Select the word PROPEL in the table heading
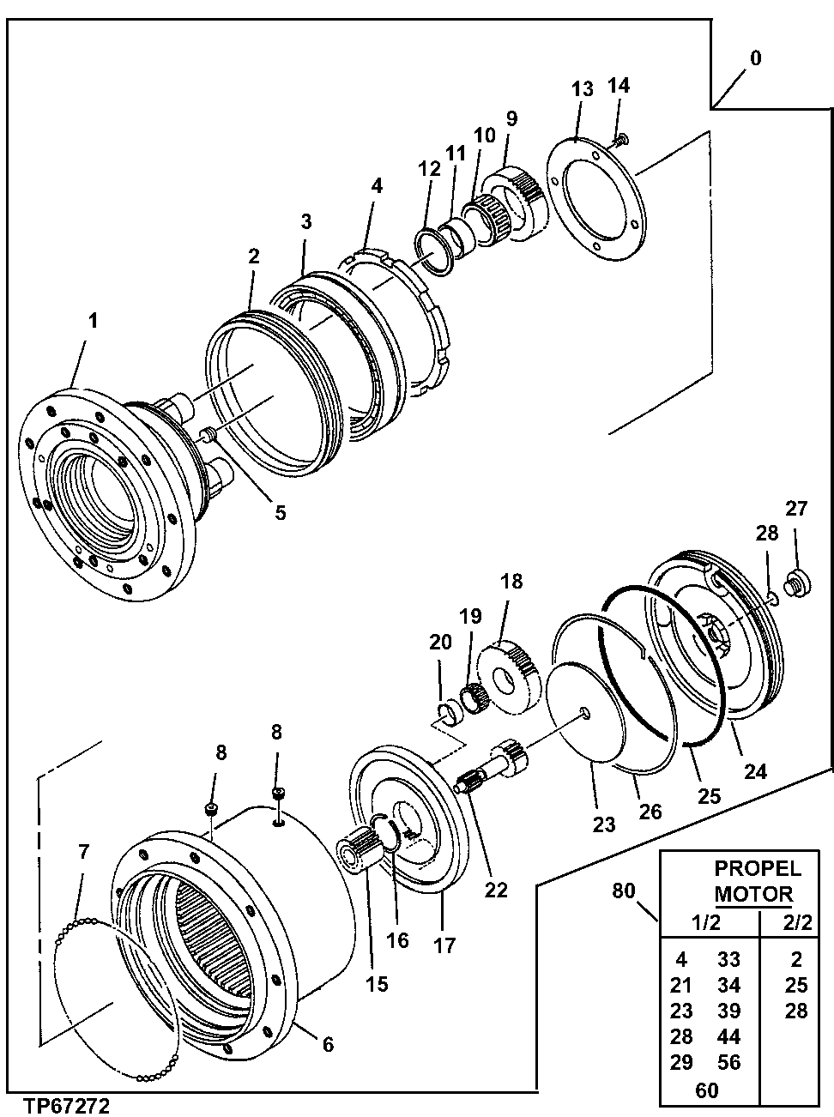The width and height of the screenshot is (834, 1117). coord(758,868)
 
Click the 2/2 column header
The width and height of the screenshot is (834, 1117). coord(797,922)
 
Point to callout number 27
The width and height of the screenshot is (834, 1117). coord(797,509)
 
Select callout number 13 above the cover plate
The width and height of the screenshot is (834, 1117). coord(582,89)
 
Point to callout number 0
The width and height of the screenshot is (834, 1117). coord(755,58)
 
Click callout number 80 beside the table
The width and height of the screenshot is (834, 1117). coord(624,891)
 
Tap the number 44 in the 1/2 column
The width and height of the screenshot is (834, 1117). coord(728,1036)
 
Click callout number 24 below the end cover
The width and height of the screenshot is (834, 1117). coord(754,771)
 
